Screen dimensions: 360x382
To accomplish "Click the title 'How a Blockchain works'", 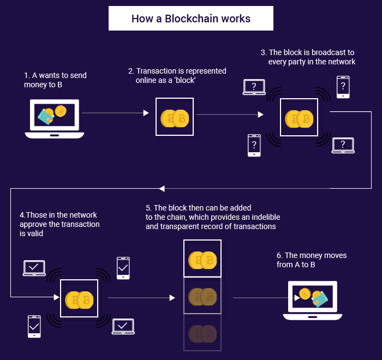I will click(190, 19).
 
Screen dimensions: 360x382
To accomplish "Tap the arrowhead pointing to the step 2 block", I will click(146, 113).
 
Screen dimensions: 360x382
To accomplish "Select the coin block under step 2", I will click(175, 117).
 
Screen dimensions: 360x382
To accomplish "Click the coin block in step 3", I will click(299, 117).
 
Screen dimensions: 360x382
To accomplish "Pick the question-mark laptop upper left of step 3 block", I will click(254, 87).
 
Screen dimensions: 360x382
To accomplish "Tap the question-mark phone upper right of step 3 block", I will click(343, 86).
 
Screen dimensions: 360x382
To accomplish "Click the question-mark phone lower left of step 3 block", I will click(254, 145).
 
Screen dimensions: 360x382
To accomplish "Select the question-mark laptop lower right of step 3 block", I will click(343, 145).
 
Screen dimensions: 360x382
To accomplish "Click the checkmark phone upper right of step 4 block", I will click(123, 268).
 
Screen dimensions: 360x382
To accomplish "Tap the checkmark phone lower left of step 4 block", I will click(34, 326).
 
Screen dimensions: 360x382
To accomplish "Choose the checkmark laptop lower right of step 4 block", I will click(123, 326).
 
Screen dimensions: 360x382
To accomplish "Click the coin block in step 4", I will click(79, 298).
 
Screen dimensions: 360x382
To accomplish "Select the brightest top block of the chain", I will click(202, 259).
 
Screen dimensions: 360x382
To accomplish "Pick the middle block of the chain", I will click(202, 296).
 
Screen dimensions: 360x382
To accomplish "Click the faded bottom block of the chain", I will click(202, 333).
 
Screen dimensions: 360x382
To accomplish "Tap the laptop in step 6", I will click(312, 299).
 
